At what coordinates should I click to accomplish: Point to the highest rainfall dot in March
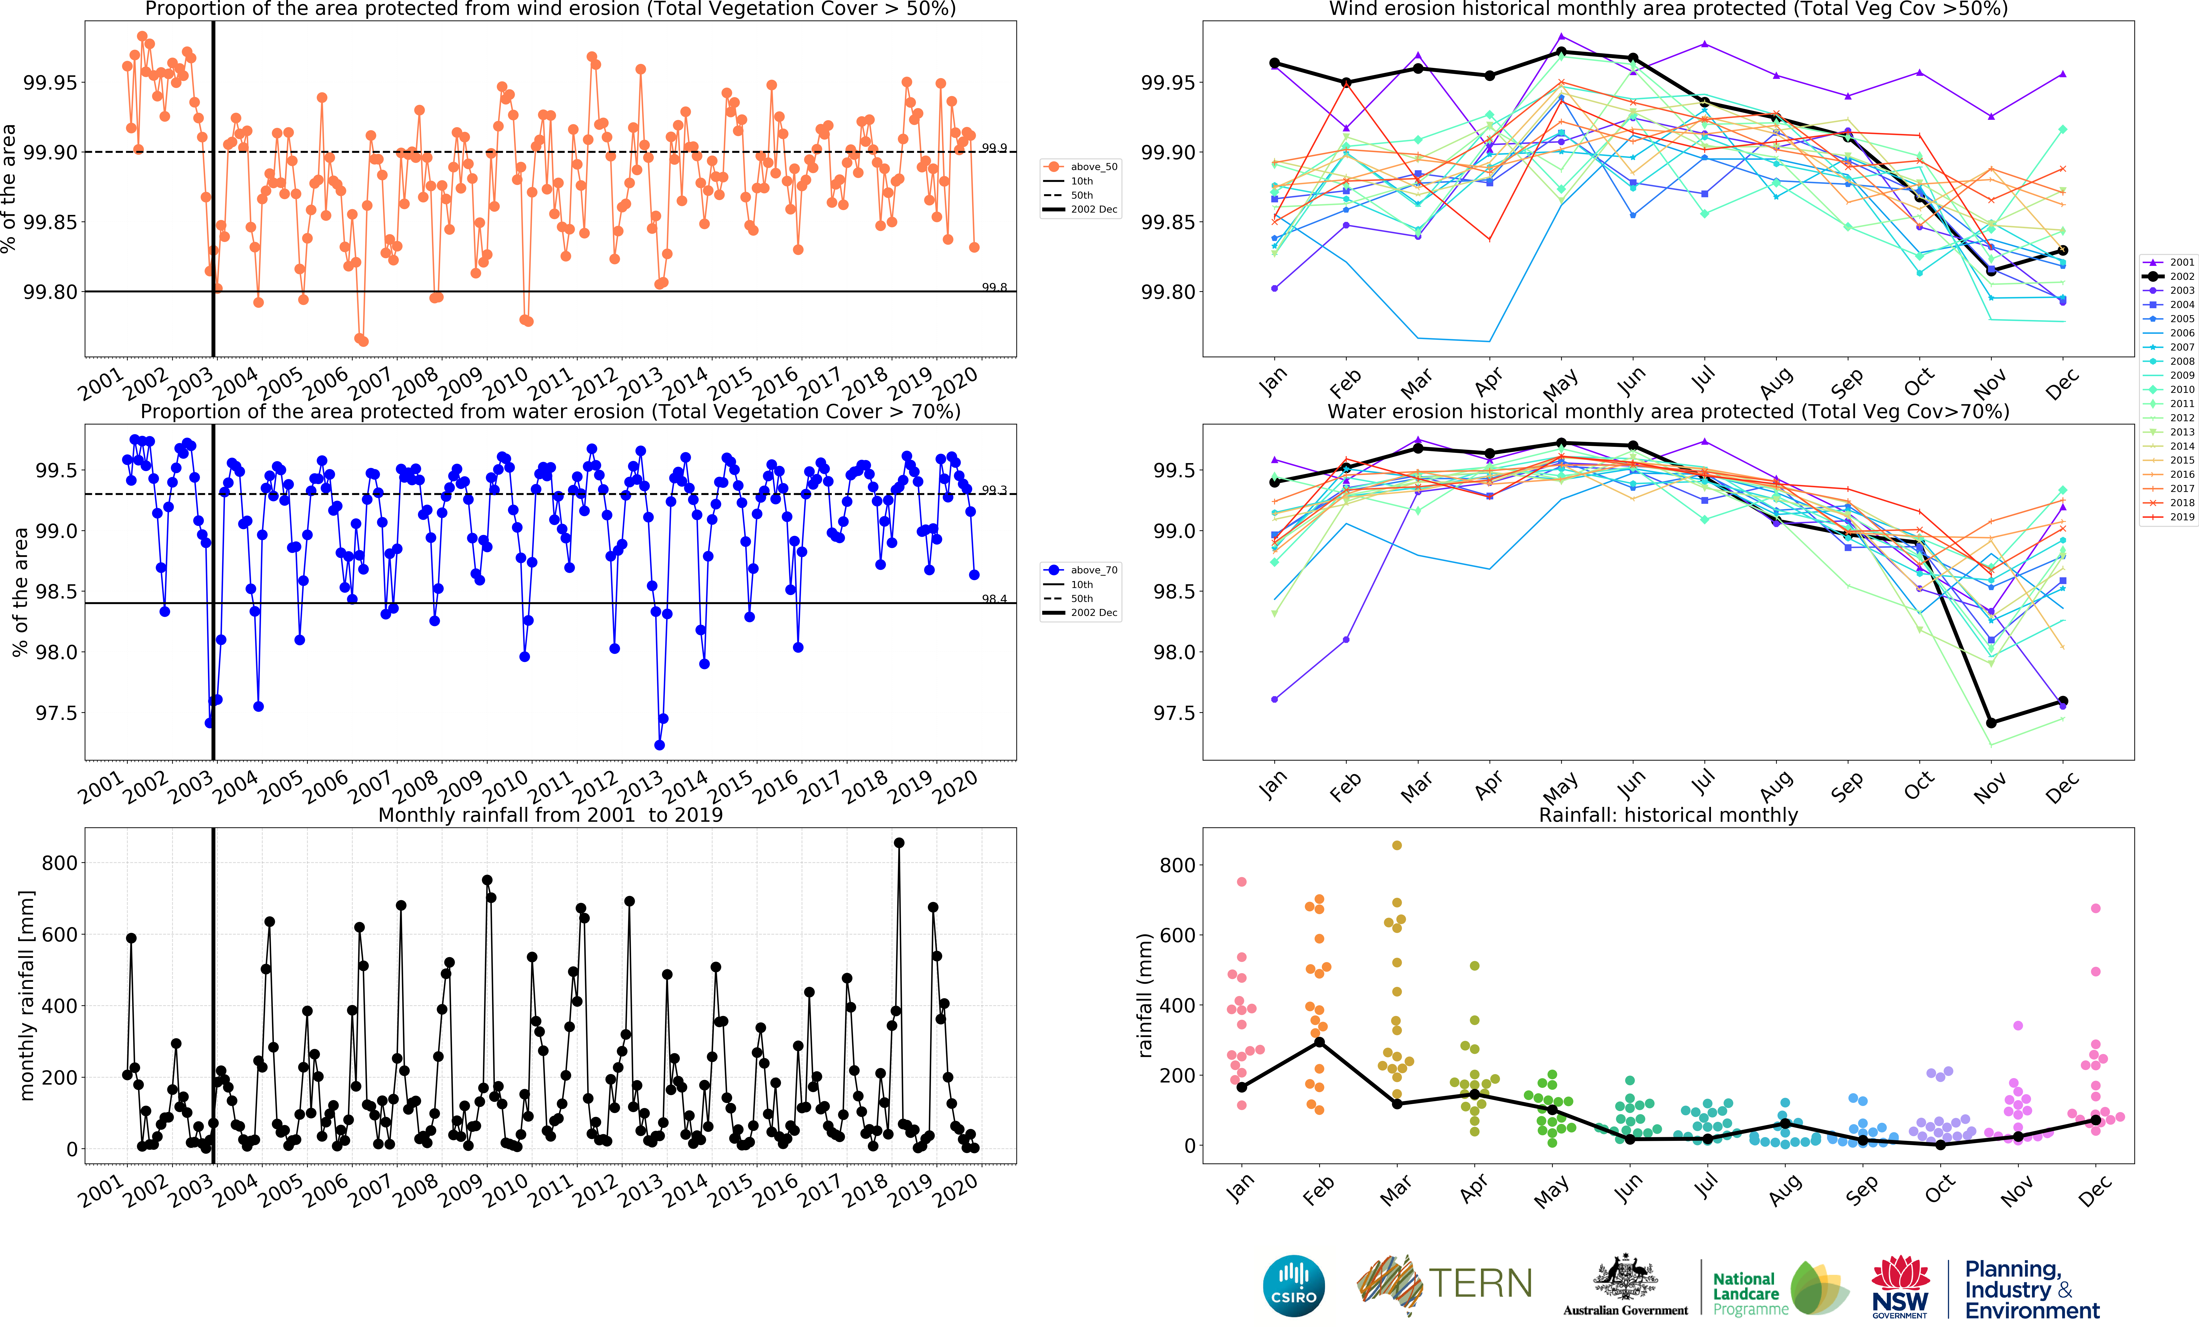coord(1397,845)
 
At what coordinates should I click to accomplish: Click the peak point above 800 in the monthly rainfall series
coord(899,842)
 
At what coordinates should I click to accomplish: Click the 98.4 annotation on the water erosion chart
coord(994,599)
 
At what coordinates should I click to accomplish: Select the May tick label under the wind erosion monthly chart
coord(1559,385)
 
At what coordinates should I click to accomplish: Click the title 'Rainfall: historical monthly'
coord(1668,815)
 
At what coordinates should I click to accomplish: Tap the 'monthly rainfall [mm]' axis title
coord(27,995)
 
